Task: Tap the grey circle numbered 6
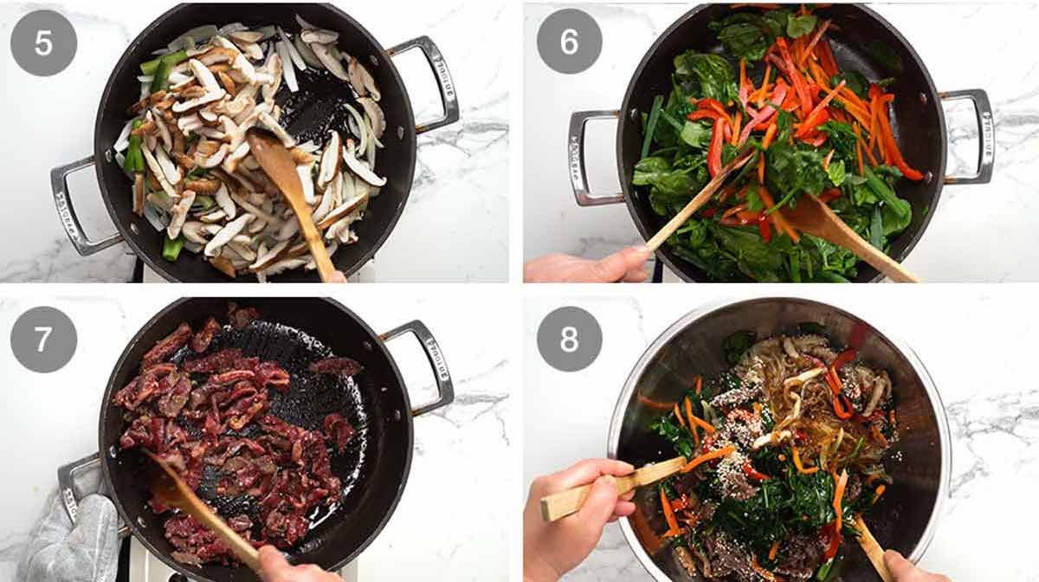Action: pos(569,41)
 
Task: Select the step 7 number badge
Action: pos(43,339)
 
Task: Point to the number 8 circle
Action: pos(569,339)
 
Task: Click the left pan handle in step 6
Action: pos(590,156)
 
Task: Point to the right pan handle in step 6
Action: pos(970,134)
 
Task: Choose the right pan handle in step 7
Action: pos(424,364)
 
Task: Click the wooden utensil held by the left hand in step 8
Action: pos(606,489)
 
